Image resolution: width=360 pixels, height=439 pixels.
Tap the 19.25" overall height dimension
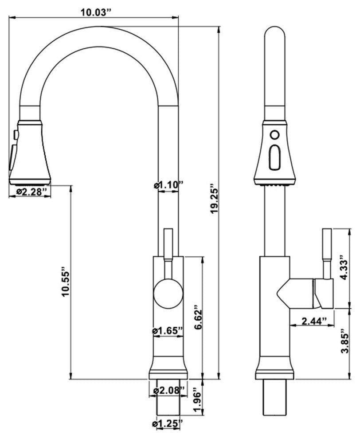[214, 199]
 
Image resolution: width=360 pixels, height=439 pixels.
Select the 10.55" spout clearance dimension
[66, 284]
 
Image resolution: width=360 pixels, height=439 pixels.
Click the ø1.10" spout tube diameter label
[168, 185]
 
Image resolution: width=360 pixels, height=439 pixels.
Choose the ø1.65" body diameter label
[168, 331]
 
